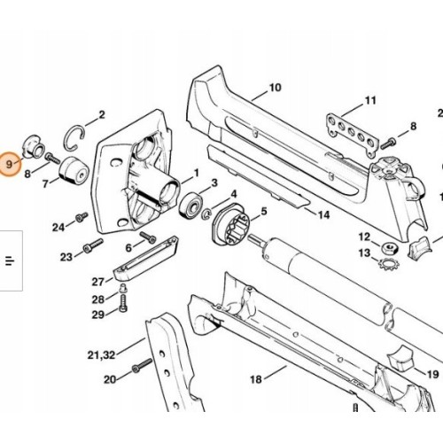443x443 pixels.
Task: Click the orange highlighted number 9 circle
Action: pyautogui.click(x=12, y=165)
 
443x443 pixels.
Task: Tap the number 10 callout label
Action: pyautogui.click(x=275, y=88)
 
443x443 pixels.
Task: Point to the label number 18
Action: pyautogui.click(x=256, y=379)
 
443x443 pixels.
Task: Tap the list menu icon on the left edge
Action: pyautogui.click(x=11, y=260)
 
